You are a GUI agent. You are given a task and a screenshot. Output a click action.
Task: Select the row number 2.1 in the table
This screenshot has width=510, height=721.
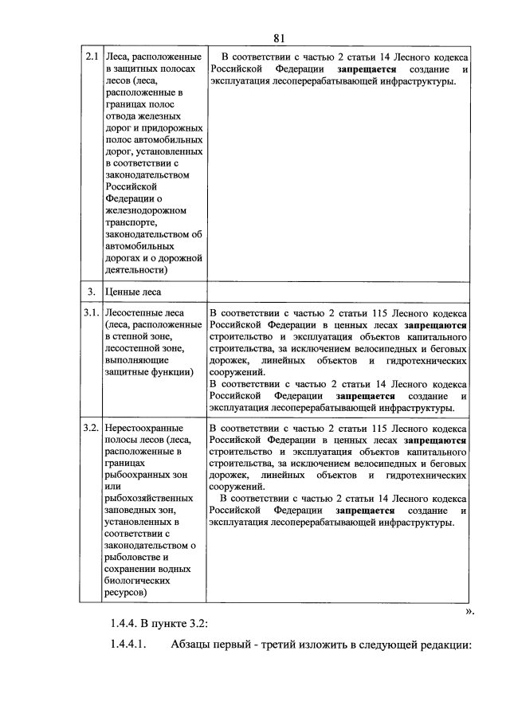click(91, 57)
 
